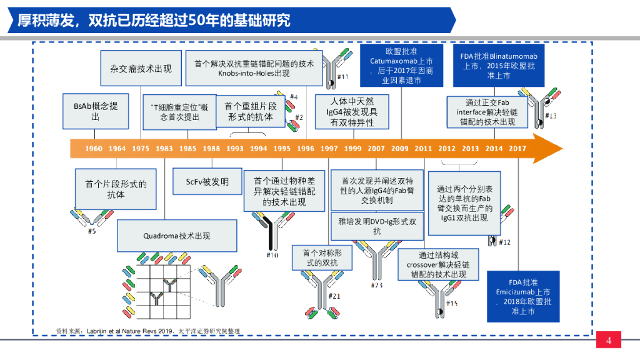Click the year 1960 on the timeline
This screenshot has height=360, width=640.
(94, 148)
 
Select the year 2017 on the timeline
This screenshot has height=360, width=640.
(517, 148)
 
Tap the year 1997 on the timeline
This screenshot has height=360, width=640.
(329, 148)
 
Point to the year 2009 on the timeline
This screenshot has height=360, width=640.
(400, 148)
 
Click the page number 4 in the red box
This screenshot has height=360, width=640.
(608, 341)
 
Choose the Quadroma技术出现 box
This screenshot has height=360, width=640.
(177, 236)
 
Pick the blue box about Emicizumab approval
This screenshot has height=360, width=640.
(523, 296)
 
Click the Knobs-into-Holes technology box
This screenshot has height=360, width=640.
(254, 69)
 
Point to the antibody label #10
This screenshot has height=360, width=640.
(272, 255)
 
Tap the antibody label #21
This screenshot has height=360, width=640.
(334, 296)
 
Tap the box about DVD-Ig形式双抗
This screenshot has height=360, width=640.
(376, 226)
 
